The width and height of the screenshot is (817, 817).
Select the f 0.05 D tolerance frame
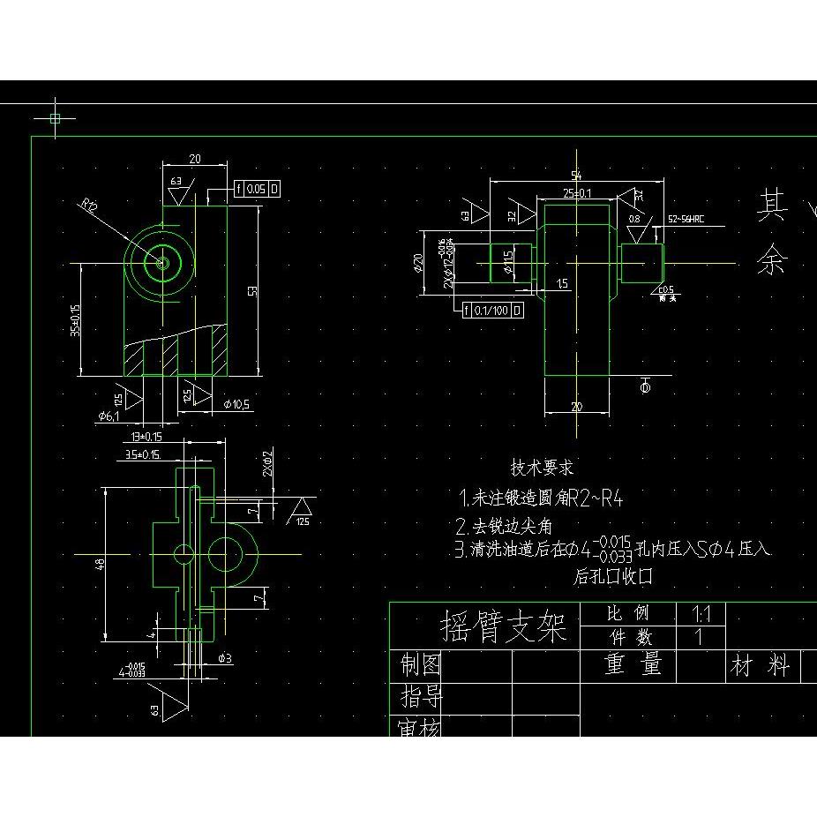point(256,189)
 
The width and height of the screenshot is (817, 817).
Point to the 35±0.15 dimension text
point(76,321)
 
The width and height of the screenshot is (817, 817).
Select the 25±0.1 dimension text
point(577,192)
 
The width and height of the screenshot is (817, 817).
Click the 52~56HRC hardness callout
point(686,217)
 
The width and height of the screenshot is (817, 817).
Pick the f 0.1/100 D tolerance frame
point(492,311)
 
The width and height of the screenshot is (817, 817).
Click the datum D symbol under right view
point(644,386)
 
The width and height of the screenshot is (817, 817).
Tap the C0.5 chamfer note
point(667,290)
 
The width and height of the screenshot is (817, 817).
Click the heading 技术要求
point(542,468)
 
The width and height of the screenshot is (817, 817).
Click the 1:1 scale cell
point(702,613)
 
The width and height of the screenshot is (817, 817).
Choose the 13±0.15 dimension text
point(146,437)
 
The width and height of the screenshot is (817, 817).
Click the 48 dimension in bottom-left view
point(101,563)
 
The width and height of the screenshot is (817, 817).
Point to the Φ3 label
point(224,658)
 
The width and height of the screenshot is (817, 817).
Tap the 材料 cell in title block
point(759,665)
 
